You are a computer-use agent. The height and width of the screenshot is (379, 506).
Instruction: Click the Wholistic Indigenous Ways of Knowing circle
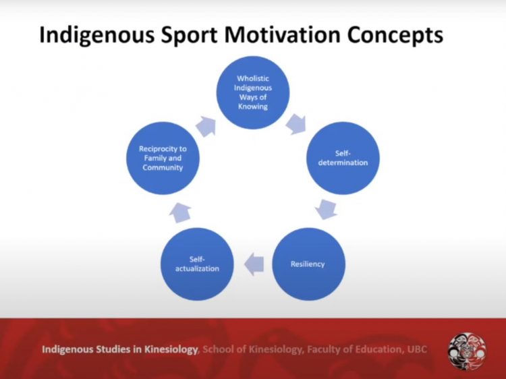253,92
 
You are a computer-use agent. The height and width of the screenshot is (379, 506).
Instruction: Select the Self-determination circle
343,158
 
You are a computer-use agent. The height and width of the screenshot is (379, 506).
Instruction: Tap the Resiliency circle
308,264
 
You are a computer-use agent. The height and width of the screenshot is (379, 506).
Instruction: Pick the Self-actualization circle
197,264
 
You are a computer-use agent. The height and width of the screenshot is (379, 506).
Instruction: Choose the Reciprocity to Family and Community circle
163,158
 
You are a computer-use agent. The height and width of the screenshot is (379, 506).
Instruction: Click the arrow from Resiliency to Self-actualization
254,264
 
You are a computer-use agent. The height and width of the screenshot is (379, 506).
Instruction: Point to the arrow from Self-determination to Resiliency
327,210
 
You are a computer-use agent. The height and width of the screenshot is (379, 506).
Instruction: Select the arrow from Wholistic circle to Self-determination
296,124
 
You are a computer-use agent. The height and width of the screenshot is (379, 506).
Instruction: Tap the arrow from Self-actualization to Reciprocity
179,213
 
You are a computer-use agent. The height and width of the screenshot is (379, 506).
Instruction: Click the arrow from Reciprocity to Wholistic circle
206,126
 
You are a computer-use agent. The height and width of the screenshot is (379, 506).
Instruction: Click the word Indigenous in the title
96,35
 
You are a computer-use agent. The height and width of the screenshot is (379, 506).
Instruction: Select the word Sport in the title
189,35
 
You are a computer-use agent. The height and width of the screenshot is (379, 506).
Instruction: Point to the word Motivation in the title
283,34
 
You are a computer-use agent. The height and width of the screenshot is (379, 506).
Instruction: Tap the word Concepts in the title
395,35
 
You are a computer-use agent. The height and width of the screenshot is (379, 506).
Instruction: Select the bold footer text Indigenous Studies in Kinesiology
119,349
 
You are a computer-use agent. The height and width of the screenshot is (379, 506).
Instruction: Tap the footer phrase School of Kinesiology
253,349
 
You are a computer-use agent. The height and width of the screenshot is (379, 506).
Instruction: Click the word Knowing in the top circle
253,107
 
